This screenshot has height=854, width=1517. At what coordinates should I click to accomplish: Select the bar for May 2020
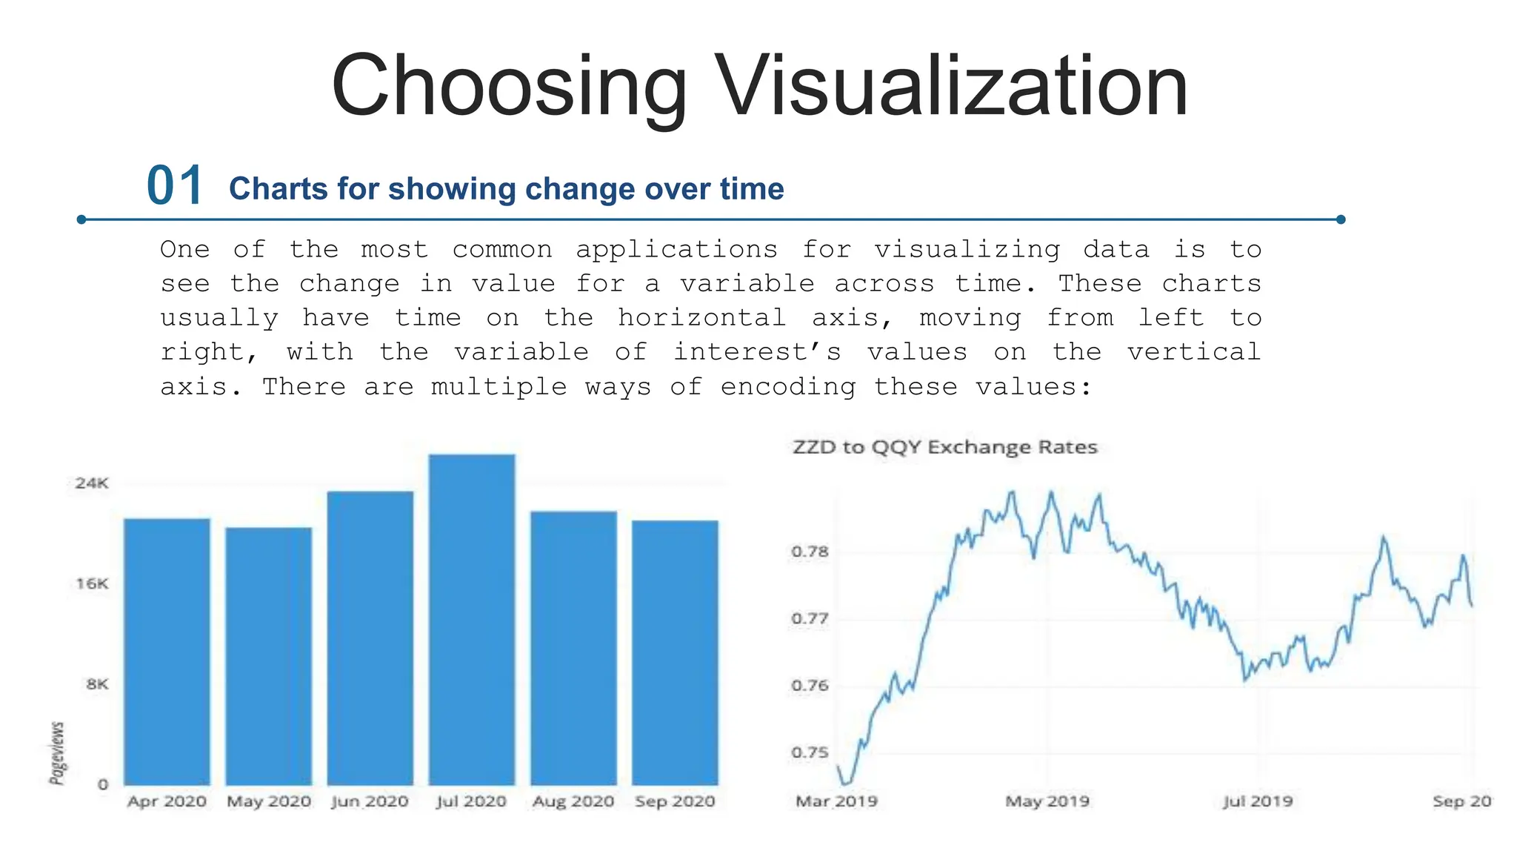coord(268,656)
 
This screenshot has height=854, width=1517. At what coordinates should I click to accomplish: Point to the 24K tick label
coord(92,483)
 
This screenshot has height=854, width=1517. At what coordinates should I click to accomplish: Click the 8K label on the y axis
coord(97,684)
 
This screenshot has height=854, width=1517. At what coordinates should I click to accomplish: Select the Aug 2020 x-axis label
coord(573,801)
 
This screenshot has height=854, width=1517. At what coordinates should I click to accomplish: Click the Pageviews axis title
coord(57,752)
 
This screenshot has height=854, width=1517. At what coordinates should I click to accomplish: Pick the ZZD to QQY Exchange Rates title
coord(944,447)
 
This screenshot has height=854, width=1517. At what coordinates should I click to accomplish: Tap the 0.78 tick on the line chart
coord(810,552)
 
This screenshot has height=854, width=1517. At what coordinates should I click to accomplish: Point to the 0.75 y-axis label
coord(810,752)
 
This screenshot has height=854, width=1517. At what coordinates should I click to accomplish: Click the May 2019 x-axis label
coord(1047,801)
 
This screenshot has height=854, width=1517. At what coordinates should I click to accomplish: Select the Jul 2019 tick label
coord(1257,801)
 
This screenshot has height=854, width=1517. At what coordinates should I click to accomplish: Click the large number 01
coord(175,185)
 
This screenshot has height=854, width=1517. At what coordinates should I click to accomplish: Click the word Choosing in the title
coord(509,86)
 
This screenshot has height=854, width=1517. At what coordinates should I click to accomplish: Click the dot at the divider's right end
coord(1341,219)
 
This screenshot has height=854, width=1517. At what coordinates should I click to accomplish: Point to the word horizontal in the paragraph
coord(701,318)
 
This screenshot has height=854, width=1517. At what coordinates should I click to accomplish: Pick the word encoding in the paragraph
coord(787,387)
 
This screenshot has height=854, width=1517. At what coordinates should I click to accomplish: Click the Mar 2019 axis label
coord(836,801)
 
